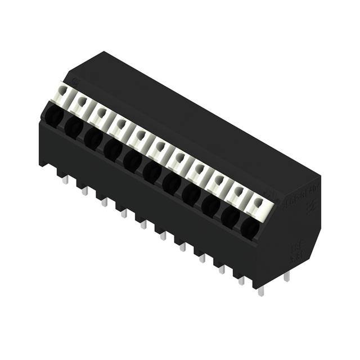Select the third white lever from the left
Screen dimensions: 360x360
point(101,114)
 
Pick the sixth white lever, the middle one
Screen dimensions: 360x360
point(160,148)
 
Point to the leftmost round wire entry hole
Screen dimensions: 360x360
point(53,116)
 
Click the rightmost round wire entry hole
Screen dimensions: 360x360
point(249,228)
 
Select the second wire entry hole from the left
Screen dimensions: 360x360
point(73,127)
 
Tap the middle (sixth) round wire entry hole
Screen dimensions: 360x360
point(152,172)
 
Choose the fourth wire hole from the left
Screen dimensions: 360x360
point(112,150)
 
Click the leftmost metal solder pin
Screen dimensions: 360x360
point(65,179)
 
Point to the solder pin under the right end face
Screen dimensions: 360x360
point(287,276)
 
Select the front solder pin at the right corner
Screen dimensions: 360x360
point(260,290)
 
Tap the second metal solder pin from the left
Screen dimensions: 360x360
point(84,191)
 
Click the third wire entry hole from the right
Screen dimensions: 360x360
point(210,206)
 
